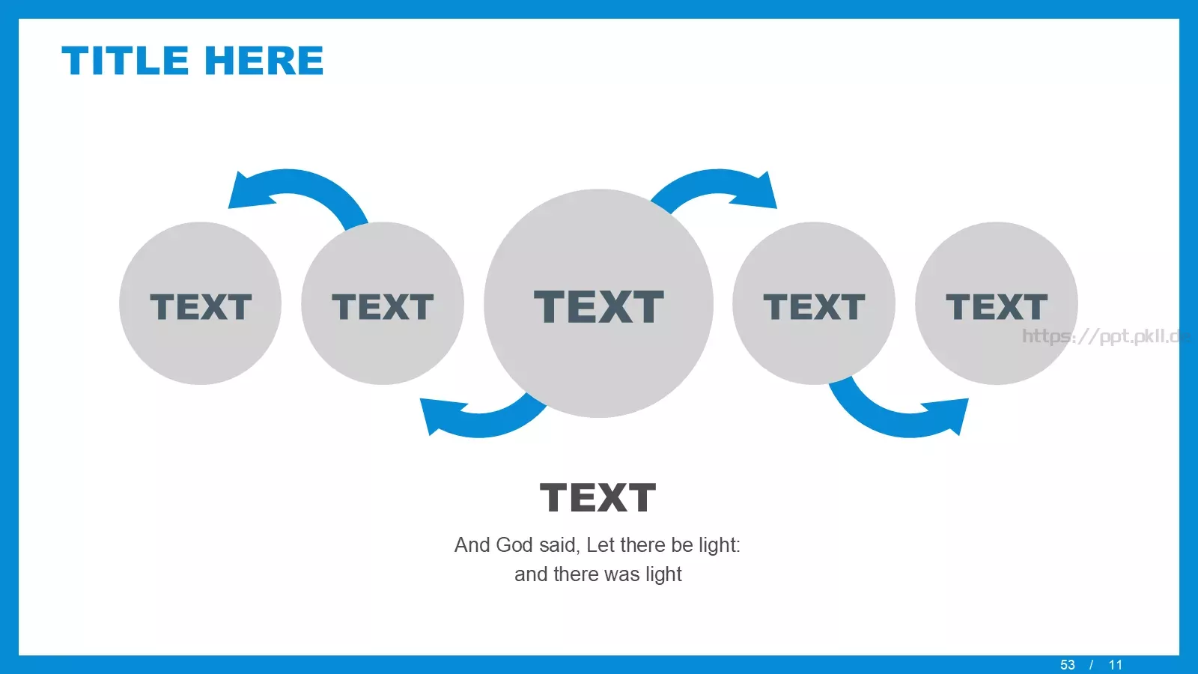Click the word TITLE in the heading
[125, 60]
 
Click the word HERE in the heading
[264, 60]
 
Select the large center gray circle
[598, 303]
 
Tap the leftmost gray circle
[200, 303]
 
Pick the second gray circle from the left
[383, 303]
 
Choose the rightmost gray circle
[997, 303]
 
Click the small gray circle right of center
[813, 303]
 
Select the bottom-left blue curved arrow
[481, 425]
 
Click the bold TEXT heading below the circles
[598, 497]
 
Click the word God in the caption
[514, 545]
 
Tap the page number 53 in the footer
[1068, 665]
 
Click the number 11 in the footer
[1116, 665]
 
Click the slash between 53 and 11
[1091, 665]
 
